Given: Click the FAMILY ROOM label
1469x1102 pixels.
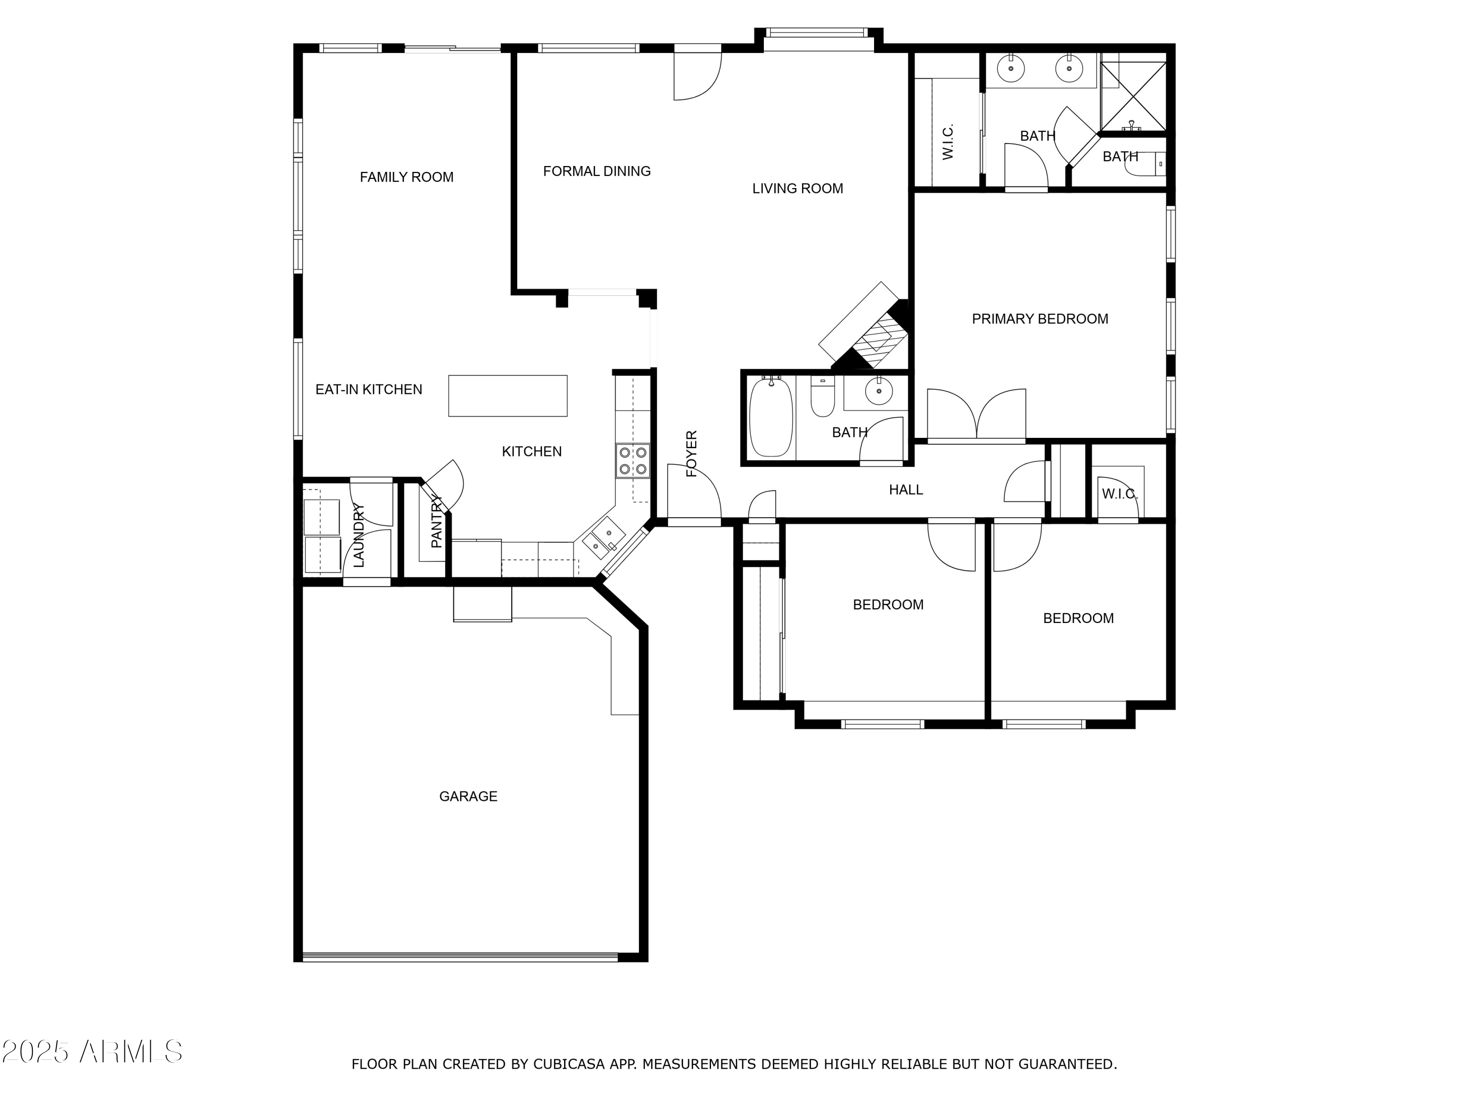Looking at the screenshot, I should (406, 177).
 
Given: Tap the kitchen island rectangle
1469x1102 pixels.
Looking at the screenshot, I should (507, 396).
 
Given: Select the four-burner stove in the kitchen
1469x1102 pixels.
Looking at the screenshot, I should (632, 461).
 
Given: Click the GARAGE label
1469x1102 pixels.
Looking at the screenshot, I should (468, 796).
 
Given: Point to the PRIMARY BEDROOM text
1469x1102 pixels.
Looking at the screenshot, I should (1040, 319).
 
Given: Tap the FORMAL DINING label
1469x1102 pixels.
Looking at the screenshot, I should (596, 171).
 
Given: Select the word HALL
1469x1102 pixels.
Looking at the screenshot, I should (906, 490).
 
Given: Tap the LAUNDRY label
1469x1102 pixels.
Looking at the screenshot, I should (358, 535).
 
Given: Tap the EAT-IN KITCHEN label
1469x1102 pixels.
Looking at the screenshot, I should (369, 390).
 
